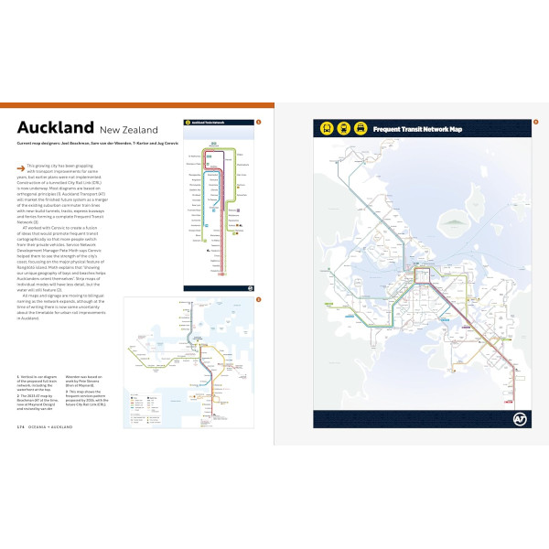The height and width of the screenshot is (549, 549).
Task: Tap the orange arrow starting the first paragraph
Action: pos(20,167)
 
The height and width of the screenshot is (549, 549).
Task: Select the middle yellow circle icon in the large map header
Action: pos(344,129)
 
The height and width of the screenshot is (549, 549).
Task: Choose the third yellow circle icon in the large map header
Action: pos(361,129)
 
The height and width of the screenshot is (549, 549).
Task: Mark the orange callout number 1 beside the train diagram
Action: pos(259,121)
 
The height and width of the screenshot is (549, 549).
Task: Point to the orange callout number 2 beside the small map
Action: pos(259,299)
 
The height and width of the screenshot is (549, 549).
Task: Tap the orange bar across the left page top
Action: pos(137,104)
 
